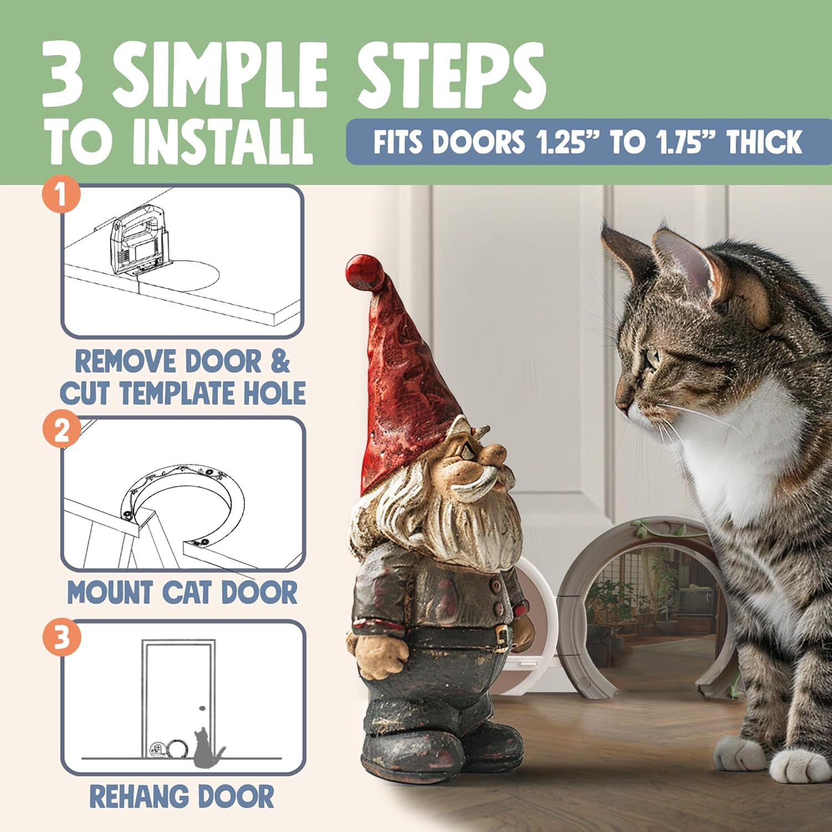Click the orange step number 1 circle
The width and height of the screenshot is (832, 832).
coord(61,196)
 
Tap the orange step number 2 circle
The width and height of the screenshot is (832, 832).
coord(61,429)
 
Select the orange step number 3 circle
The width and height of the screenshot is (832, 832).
coord(61,638)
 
